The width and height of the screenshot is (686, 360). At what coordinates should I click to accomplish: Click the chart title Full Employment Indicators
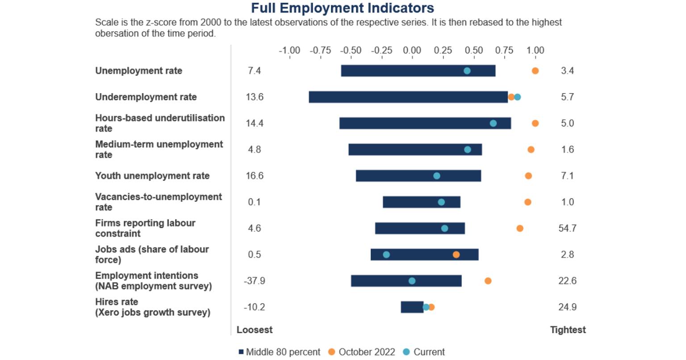(343, 8)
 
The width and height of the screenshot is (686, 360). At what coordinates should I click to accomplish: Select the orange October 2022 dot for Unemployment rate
(535, 71)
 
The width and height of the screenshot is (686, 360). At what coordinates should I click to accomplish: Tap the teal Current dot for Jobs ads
(386, 255)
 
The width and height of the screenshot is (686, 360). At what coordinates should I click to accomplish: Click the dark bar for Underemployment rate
(408, 97)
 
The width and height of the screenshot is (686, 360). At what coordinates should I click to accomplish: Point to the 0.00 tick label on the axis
(412, 50)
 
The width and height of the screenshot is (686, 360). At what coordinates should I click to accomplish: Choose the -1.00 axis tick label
(289, 50)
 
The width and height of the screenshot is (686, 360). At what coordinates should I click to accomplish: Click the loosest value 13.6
(255, 97)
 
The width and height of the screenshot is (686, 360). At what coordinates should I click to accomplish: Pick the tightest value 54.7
(567, 228)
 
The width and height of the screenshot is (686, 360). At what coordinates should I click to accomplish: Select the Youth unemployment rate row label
(152, 176)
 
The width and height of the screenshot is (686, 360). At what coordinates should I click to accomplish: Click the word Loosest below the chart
(255, 330)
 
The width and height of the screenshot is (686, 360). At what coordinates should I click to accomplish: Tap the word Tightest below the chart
(568, 330)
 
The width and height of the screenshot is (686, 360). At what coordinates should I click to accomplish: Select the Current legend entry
(424, 352)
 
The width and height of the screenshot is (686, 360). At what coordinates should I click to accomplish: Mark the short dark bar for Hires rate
(412, 307)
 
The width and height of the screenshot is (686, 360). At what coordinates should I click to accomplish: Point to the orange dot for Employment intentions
(488, 281)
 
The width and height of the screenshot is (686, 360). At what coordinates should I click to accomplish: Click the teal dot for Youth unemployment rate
(437, 176)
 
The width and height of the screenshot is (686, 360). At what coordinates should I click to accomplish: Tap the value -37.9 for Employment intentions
(255, 281)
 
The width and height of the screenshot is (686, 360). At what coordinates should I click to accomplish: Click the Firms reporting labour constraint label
(145, 228)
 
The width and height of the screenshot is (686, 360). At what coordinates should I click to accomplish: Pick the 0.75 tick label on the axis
(504, 50)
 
